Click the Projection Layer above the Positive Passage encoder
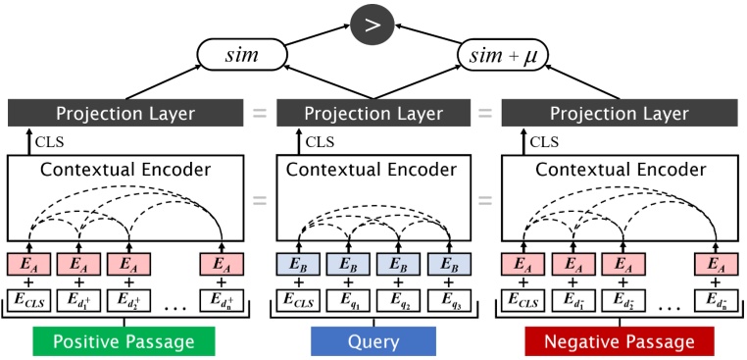[x=124, y=114]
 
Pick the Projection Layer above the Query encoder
[x=373, y=114]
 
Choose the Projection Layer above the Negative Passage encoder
[x=619, y=114]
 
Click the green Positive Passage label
[x=124, y=340]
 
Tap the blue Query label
[x=373, y=340]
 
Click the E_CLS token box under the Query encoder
[x=299, y=299]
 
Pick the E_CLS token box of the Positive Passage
[x=28, y=299]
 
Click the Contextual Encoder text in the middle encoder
[x=373, y=170]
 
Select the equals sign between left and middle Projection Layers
[x=260, y=114]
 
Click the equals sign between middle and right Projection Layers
[x=484, y=114]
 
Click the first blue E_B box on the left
[x=299, y=264]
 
